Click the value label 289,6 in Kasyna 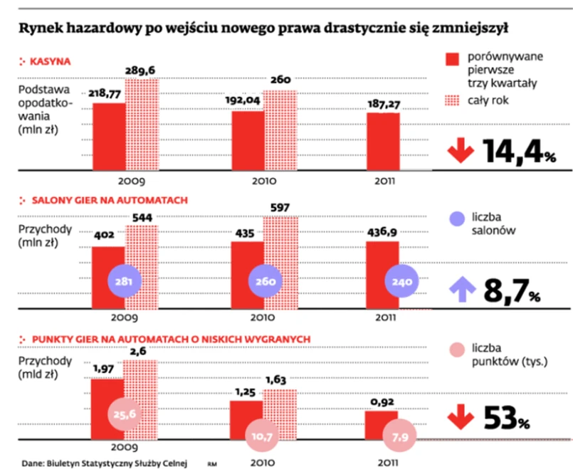click(142, 72)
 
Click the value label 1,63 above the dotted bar click(278, 379)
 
